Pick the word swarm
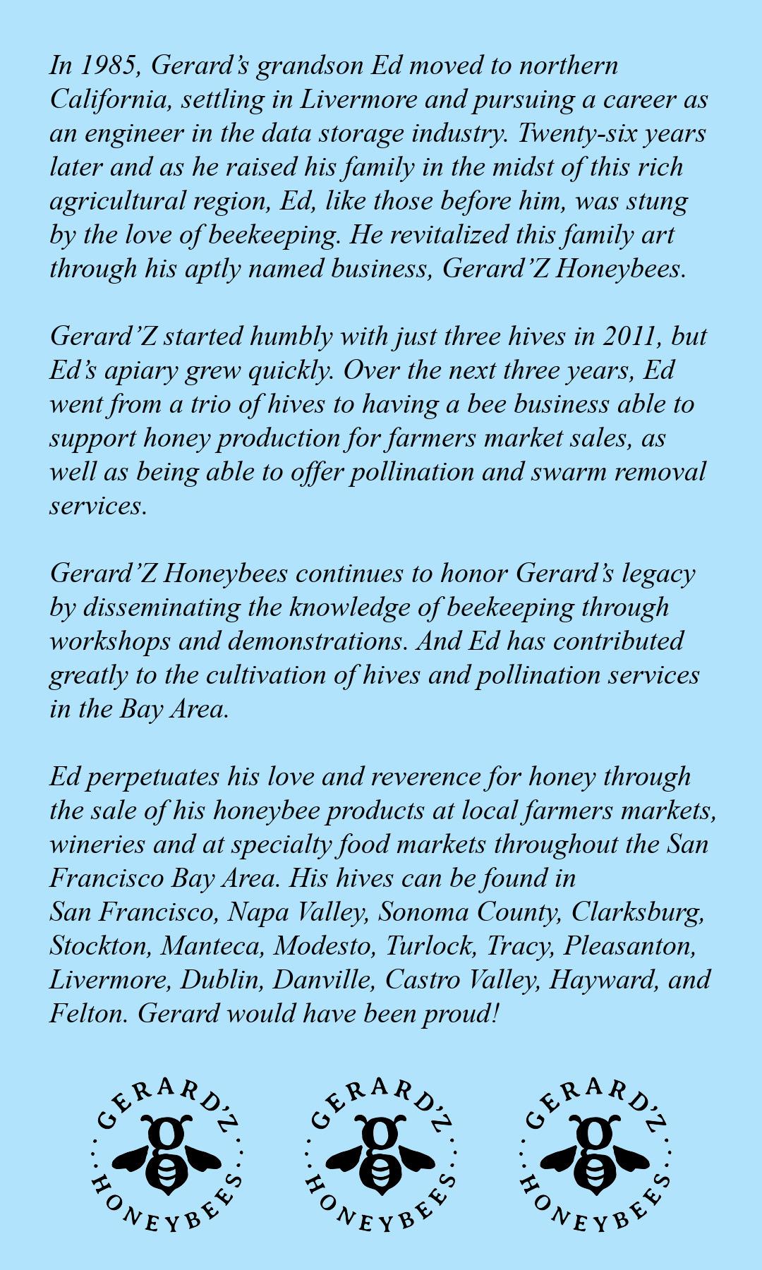[x=565, y=472]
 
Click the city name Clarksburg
[x=637, y=912]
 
